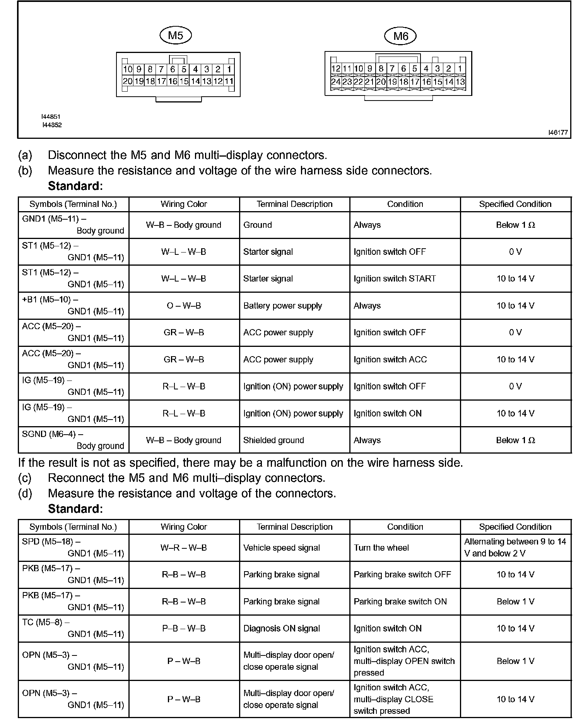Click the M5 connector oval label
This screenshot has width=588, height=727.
point(176,36)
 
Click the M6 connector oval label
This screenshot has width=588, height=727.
point(400,36)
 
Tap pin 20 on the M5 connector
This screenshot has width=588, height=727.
point(128,81)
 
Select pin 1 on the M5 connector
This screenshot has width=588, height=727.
point(229,70)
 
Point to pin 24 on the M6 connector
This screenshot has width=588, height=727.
point(336,82)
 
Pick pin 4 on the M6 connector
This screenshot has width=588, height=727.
point(426,69)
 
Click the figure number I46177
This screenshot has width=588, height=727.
point(558,132)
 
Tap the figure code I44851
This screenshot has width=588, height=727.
point(51,116)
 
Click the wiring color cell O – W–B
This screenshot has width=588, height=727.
point(184,305)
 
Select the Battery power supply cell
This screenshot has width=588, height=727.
point(282,305)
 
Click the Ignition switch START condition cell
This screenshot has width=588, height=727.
point(395,278)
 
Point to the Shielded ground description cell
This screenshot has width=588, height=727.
point(273,440)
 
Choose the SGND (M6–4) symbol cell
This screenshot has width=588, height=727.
point(73,440)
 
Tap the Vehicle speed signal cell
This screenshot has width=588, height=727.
point(281,548)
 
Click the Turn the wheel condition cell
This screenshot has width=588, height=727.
point(381,548)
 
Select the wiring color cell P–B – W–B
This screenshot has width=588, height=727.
point(184,628)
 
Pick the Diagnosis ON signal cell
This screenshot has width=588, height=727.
point(281,628)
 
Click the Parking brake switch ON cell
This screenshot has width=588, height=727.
point(400,601)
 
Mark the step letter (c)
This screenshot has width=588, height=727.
point(25,478)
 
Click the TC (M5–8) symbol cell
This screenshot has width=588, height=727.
point(73,628)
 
